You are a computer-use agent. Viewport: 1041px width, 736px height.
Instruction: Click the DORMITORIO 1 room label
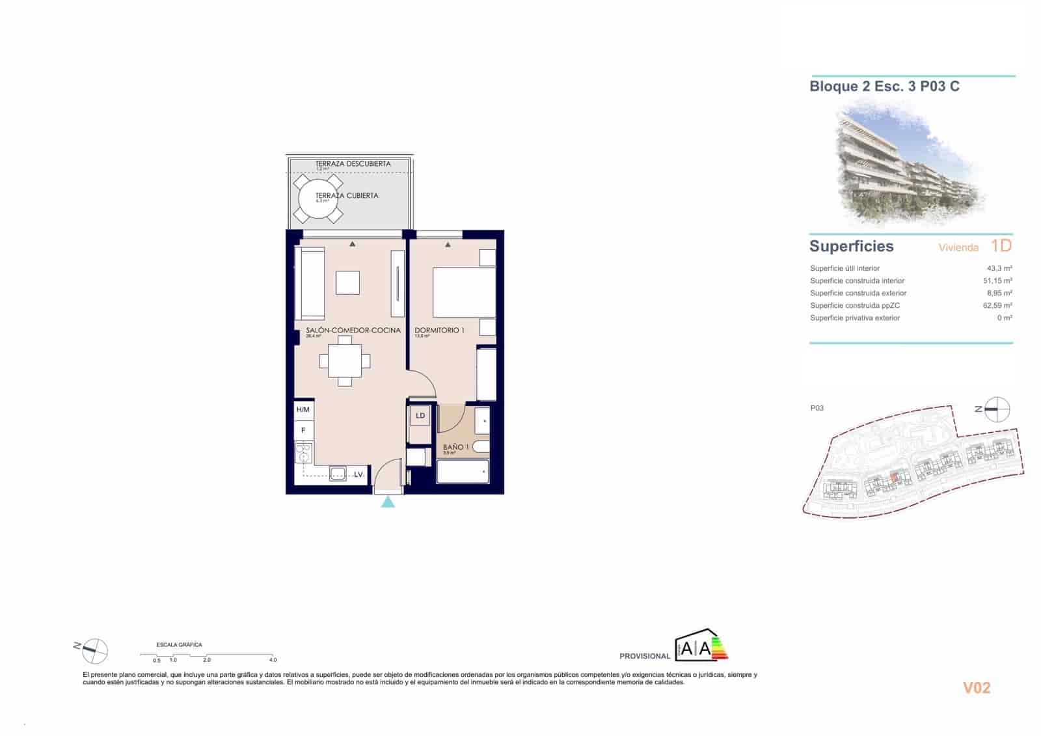pyautogui.click(x=439, y=330)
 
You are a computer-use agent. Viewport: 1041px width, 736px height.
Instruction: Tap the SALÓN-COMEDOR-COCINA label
pyautogui.click(x=353, y=330)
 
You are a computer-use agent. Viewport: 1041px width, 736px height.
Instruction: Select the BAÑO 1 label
pyautogui.click(x=455, y=447)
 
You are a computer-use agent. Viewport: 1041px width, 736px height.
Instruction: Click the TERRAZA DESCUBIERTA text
pyautogui.click(x=353, y=164)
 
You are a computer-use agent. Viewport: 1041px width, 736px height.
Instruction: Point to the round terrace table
pyautogui.click(x=318, y=198)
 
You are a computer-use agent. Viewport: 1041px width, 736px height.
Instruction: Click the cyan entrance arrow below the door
pyautogui.click(x=388, y=501)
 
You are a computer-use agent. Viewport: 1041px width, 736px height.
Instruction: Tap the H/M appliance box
pyautogui.click(x=303, y=409)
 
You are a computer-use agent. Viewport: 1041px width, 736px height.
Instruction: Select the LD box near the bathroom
pyautogui.click(x=420, y=415)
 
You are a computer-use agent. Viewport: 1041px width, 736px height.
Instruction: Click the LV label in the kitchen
pyautogui.click(x=358, y=474)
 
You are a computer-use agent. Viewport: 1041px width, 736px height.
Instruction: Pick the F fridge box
pyautogui.click(x=303, y=430)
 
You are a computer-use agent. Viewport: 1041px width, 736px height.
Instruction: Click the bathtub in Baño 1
pyautogui.click(x=463, y=471)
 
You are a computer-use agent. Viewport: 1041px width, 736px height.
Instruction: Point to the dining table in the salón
pyautogui.click(x=345, y=361)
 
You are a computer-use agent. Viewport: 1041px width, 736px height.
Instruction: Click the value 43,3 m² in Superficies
pyautogui.click(x=999, y=268)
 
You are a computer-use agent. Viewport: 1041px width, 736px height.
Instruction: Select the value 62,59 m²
pyautogui.click(x=997, y=305)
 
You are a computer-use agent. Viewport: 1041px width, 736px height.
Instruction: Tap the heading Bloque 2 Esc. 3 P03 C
pyautogui.click(x=884, y=87)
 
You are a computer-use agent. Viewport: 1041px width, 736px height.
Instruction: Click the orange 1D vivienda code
pyautogui.click(x=1001, y=246)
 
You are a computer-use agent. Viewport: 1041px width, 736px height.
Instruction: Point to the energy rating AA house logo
pyautogui.click(x=701, y=646)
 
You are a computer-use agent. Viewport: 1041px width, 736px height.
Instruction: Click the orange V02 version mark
pyautogui.click(x=977, y=688)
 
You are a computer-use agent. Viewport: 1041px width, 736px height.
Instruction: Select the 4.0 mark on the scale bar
pyautogui.click(x=273, y=660)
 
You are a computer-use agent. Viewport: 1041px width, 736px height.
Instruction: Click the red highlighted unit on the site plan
pyautogui.click(x=895, y=478)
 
